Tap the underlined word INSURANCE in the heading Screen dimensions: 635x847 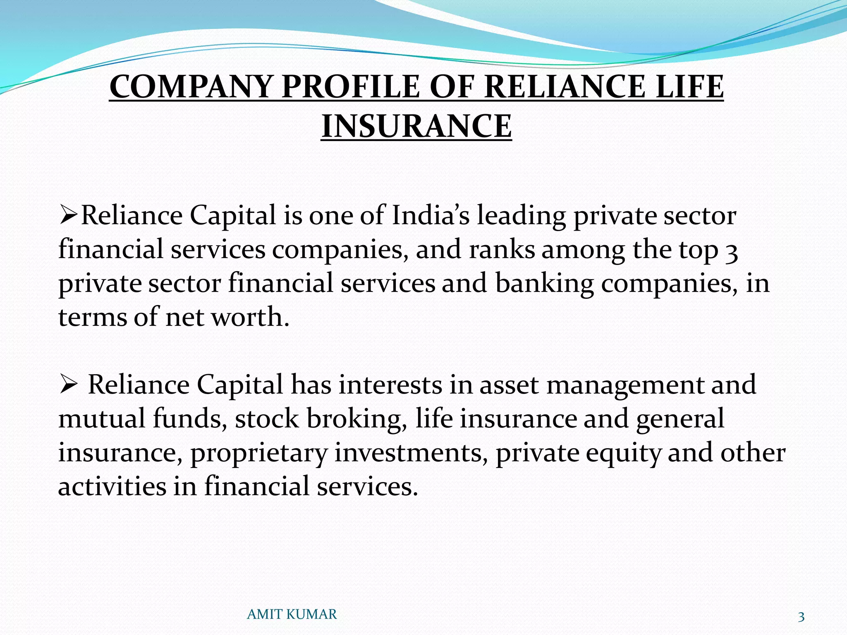[416, 126]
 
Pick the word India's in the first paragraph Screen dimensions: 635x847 [431, 216]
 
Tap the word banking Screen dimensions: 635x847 [544, 284]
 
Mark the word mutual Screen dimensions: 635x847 [102, 418]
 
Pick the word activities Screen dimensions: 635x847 [112, 486]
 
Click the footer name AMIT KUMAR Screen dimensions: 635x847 [292, 614]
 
